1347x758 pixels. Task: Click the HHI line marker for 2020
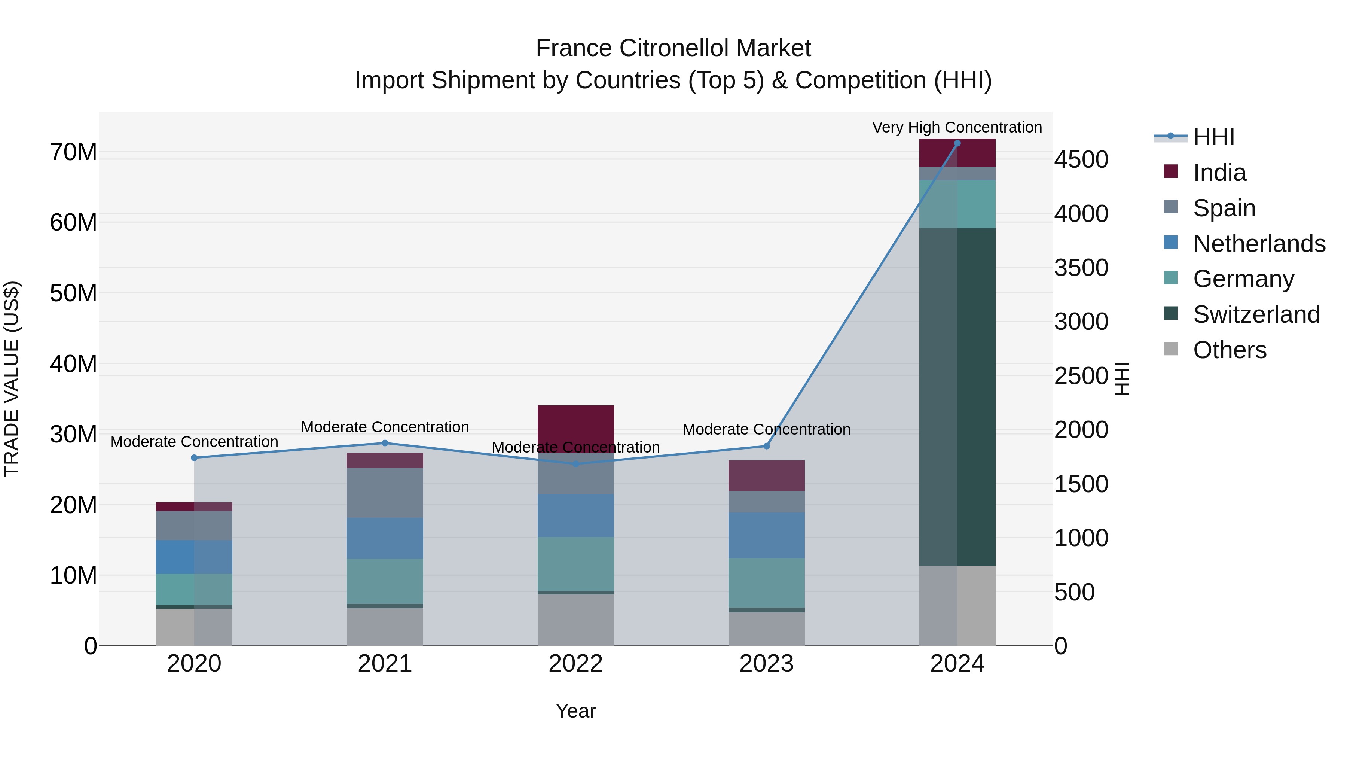tap(194, 458)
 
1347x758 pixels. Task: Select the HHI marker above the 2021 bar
tap(385, 443)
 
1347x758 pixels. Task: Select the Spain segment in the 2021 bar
tap(385, 492)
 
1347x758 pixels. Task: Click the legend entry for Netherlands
tap(1259, 244)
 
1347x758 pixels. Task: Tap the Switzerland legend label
tap(1256, 314)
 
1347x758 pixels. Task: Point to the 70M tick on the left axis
tap(73, 152)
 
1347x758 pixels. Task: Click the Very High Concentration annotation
tap(956, 127)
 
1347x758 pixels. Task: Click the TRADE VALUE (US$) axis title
tap(12, 379)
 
